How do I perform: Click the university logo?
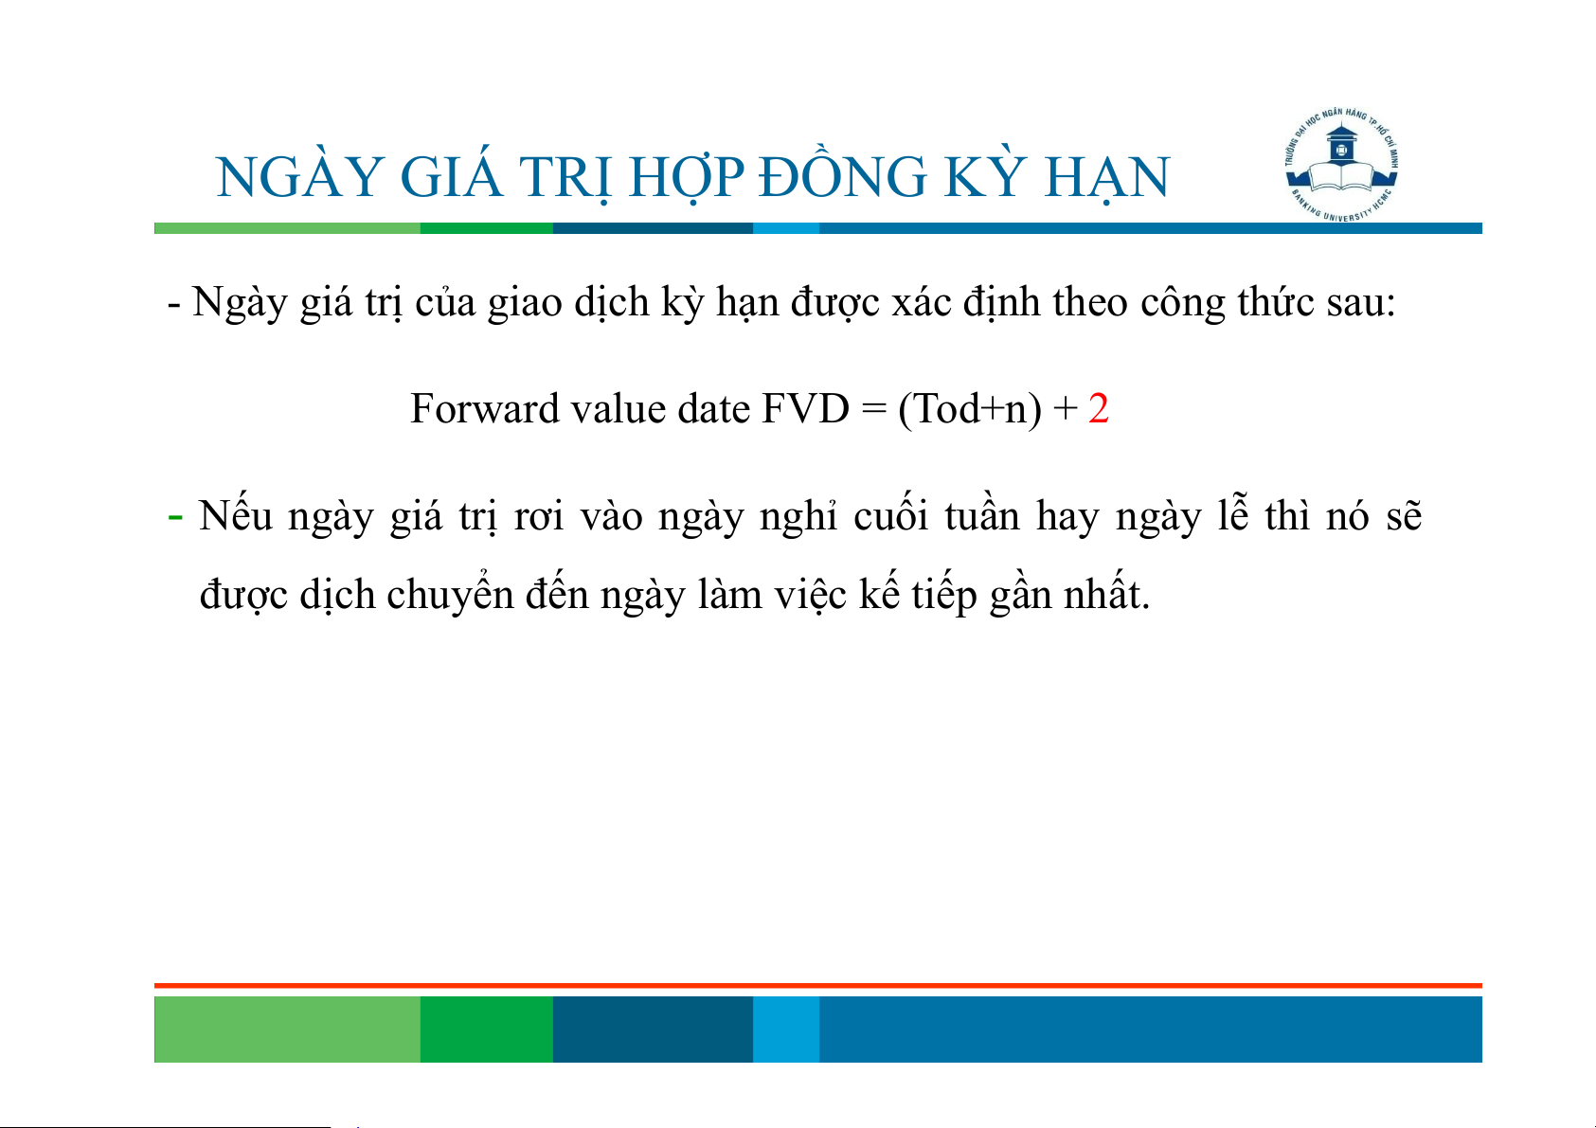coord(1341,164)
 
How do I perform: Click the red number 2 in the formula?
coord(1098,409)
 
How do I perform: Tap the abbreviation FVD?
coord(805,409)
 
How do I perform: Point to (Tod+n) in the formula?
coord(970,410)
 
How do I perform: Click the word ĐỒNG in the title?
coord(842,177)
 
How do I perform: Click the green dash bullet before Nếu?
coord(174,517)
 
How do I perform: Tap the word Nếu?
coord(235,513)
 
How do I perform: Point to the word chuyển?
coord(450,593)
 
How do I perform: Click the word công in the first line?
coord(1182,302)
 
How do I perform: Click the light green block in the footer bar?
coord(287,1029)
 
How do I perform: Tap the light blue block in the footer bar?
coord(786,1029)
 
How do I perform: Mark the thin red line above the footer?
coord(818,986)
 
